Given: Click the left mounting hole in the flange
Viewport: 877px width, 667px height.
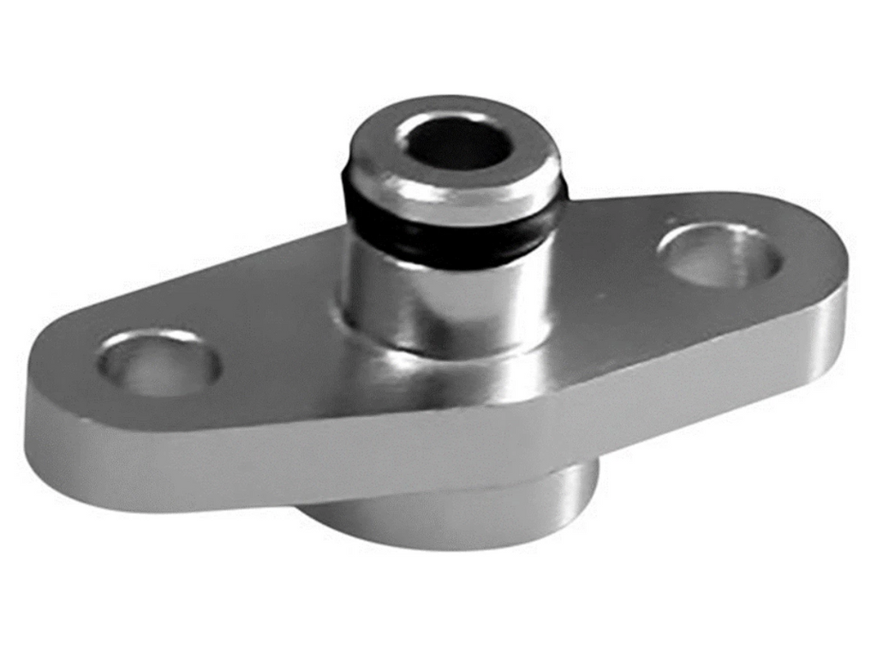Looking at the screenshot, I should pos(159,363).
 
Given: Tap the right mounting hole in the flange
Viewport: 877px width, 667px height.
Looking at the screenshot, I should pos(719,254).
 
